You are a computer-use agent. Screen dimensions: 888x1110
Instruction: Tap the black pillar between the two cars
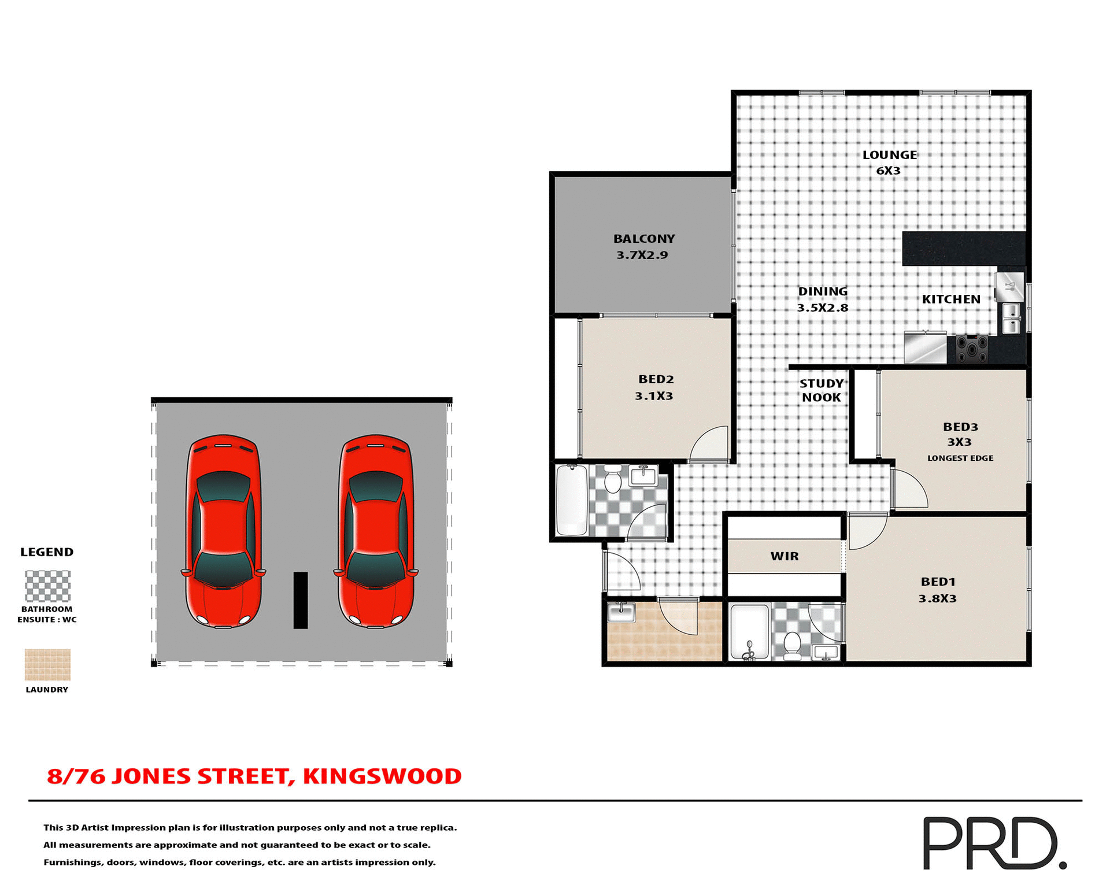301,600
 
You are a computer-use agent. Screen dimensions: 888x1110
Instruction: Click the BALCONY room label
643,246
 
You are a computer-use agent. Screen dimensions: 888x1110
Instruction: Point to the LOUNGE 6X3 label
889,162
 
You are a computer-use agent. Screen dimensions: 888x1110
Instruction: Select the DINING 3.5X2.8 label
823,299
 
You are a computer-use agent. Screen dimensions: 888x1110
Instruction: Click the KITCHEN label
951,299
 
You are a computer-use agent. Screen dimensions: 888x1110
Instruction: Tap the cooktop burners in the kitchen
971,348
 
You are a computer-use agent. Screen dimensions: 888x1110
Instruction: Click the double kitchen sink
1011,319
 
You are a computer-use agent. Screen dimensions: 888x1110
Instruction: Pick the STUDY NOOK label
821,390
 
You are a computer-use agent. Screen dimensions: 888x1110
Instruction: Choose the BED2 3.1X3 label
655,387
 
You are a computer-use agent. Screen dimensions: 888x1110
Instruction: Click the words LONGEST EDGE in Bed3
960,458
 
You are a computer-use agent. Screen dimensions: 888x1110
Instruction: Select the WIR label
785,556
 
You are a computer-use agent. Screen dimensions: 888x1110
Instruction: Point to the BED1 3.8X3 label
938,590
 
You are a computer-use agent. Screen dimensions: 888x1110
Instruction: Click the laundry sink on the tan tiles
621,612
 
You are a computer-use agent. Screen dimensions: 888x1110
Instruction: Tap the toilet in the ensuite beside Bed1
791,645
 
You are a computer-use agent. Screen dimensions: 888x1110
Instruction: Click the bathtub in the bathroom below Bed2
572,500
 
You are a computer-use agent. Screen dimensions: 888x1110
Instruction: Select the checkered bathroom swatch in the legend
47,586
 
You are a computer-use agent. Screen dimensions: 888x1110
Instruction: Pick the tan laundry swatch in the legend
47,664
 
